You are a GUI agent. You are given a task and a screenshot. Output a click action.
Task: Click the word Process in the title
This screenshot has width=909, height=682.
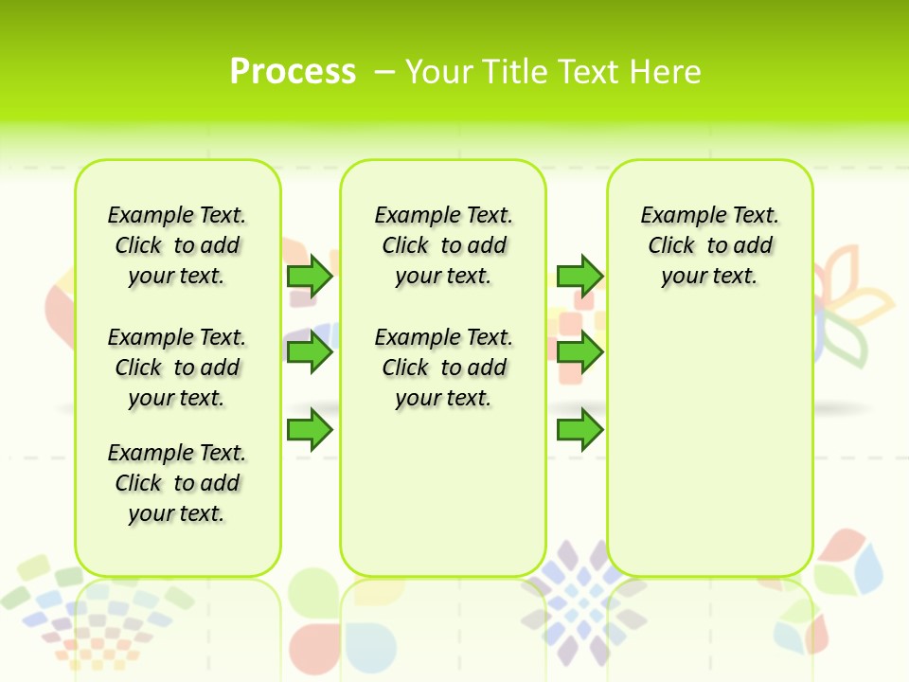(x=293, y=71)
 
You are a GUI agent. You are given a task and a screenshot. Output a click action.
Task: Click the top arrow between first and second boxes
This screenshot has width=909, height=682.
(x=309, y=276)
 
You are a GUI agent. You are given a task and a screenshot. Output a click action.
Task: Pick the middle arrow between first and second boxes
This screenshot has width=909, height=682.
(x=309, y=353)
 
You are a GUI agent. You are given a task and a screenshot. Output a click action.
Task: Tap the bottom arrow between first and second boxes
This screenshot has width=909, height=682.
(x=309, y=430)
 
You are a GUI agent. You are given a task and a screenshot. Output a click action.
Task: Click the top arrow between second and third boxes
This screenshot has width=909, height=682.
(x=579, y=276)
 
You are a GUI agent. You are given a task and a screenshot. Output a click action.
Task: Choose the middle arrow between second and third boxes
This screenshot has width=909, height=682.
(x=579, y=353)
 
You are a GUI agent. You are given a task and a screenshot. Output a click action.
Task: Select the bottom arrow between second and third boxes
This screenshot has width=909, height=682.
(x=579, y=430)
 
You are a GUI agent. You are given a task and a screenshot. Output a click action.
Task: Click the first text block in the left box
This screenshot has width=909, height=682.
(x=177, y=245)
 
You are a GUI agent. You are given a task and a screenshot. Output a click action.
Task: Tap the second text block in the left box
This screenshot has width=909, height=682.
(x=177, y=368)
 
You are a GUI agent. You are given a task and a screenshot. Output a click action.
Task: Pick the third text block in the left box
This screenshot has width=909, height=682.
(x=177, y=483)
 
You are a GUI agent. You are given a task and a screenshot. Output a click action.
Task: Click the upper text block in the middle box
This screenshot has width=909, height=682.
(x=443, y=245)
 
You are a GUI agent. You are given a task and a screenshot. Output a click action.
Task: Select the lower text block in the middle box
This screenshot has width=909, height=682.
(x=443, y=368)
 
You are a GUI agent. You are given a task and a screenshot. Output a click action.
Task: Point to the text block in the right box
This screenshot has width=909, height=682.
(x=709, y=245)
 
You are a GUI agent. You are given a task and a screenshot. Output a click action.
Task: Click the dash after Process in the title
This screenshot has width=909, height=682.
(x=384, y=71)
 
